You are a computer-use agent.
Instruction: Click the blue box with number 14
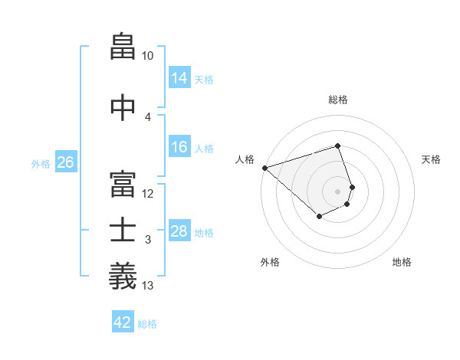coord(179,78)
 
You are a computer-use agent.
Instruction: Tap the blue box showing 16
coord(179,147)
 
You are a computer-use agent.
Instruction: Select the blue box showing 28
coord(179,231)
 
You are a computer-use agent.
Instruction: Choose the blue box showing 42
coord(123,322)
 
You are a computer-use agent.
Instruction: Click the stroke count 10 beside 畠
coord(148,56)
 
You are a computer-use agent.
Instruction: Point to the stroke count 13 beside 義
coord(148,286)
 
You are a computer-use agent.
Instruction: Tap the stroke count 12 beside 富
coord(148,194)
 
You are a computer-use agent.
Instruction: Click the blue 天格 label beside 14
coord(204,79)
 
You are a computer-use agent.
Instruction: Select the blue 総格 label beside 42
coord(147,324)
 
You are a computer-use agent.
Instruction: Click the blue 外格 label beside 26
coord(41,163)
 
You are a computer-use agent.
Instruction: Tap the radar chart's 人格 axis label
coord(245,159)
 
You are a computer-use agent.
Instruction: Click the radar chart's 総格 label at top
coord(338,100)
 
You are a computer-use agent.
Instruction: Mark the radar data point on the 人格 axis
coord(264,168)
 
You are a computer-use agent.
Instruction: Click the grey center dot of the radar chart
coord(338,191)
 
